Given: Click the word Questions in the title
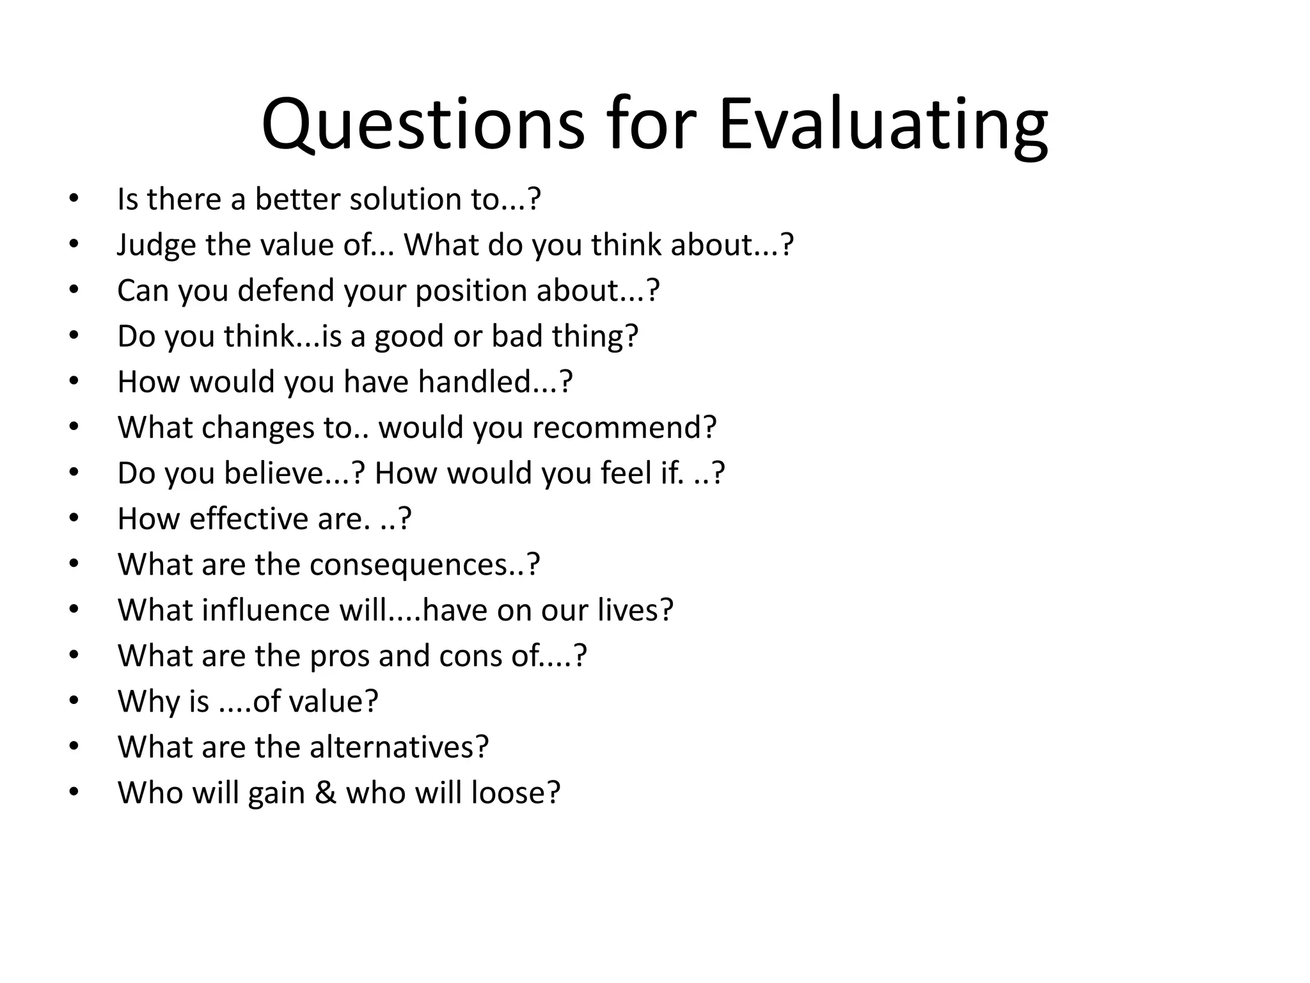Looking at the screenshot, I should (423, 124).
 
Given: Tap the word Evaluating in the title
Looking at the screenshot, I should (883, 124).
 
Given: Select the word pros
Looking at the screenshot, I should (340, 656).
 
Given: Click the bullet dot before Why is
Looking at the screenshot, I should (74, 701).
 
